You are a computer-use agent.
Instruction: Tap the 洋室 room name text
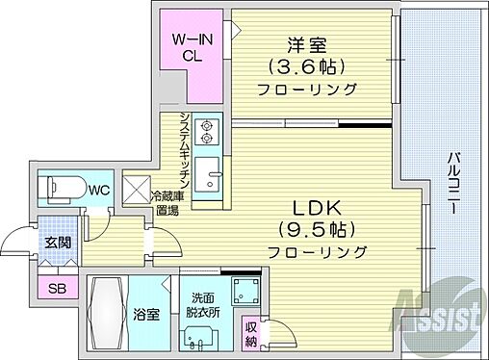point(309,45)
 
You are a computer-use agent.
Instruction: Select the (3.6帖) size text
point(308,67)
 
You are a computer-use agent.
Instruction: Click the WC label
point(98,190)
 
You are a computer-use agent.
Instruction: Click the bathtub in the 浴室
point(108,314)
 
